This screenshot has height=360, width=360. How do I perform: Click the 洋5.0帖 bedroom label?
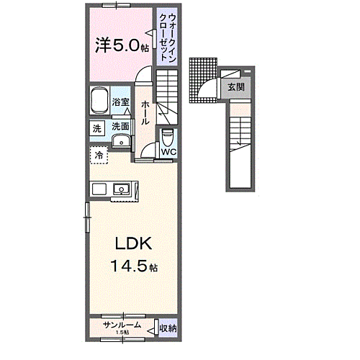tap(120, 47)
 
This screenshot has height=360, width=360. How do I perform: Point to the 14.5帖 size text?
tap(133, 267)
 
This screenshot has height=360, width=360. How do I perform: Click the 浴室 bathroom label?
tap(121, 102)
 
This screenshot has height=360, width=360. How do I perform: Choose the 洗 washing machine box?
tap(96, 130)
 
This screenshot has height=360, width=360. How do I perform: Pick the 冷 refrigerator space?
tap(97, 154)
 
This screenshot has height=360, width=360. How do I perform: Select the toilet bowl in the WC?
tap(168, 135)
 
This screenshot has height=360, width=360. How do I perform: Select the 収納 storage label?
tap(167, 328)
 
